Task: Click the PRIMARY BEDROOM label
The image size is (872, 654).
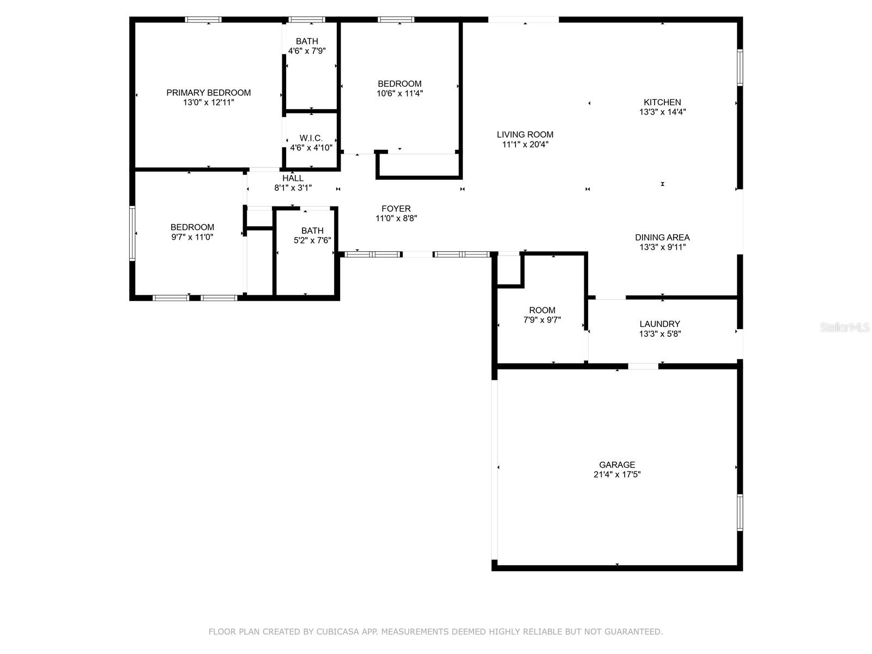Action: click(x=208, y=93)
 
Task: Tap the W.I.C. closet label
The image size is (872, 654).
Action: click(x=311, y=138)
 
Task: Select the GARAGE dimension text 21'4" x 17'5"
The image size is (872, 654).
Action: click(x=617, y=474)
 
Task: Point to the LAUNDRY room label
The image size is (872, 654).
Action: click(x=659, y=324)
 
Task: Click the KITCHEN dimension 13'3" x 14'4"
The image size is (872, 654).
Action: click(x=662, y=112)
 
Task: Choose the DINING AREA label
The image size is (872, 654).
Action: click(x=662, y=238)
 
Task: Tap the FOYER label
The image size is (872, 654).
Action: click(x=396, y=209)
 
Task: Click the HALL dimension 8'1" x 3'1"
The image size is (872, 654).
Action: click(x=293, y=188)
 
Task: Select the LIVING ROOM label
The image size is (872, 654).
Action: click(x=525, y=135)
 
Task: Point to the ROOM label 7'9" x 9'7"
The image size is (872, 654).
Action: click(x=542, y=310)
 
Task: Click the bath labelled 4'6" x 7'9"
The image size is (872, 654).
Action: click(x=307, y=41)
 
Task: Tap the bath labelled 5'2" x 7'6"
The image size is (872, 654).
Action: click(x=312, y=231)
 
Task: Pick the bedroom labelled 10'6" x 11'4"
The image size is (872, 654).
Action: click(x=399, y=84)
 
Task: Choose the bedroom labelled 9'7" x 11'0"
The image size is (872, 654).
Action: click(x=192, y=227)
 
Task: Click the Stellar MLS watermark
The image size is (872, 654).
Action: click(x=845, y=328)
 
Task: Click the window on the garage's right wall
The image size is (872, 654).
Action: click(x=740, y=512)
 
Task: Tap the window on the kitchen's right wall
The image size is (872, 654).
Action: click(x=740, y=68)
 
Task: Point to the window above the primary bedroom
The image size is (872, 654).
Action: click(x=203, y=20)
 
